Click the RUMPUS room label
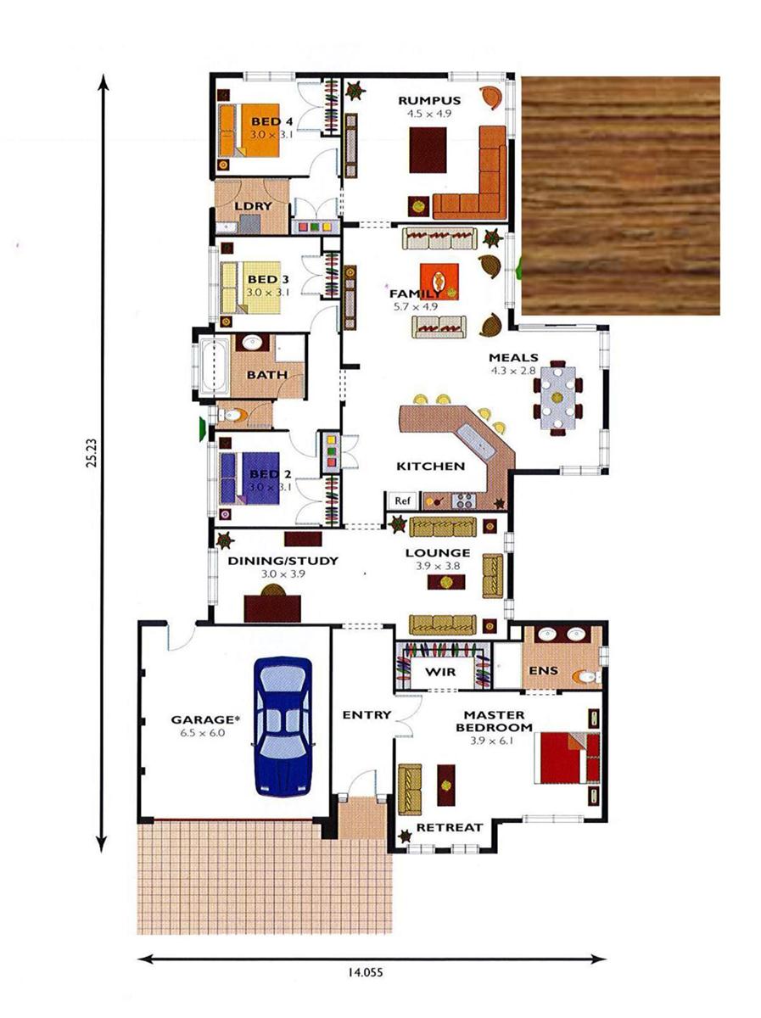429,100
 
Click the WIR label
440,672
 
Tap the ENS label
543,671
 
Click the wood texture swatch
620,195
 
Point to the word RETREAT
449,827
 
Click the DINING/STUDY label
271,561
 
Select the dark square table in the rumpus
428,150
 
